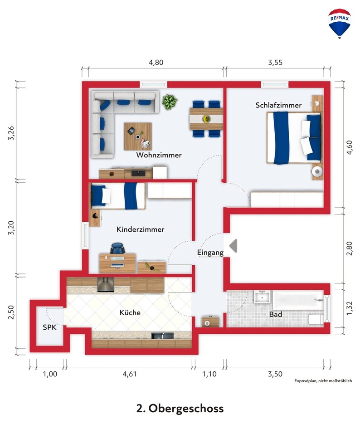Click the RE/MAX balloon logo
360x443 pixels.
pyautogui.click(x=340, y=24)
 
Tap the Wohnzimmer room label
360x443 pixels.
pyautogui.click(x=159, y=155)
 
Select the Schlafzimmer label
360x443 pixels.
pyautogui.click(x=278, y=105)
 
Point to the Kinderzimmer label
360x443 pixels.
pyautogui.click(x=141, y=229)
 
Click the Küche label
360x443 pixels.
pyautogui.click(x=130, y=312)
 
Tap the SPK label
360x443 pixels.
pyautogui.click(x=50, y=327)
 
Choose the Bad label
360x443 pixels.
pyautogui.click(x=276, y=314)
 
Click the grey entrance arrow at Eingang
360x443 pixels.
pyautogui.click(x=233, y=245)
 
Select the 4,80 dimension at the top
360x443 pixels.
pyautogui.click(x=156, y=63)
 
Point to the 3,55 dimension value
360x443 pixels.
pyautogui.click(x=275, y=63)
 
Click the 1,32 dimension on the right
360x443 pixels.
pyautogui.click(x=349, y=308)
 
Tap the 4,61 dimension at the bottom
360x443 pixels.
pyautogui.click(x=129, y=374)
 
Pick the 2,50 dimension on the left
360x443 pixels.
pyautogui.click(x=11, y=312)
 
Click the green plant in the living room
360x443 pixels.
pyautogui.click(x=170, y=102)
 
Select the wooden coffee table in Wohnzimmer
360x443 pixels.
pyautogui.click(x=138, y=136)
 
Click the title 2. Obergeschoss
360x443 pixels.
pyautogui.click(x=180, y=409)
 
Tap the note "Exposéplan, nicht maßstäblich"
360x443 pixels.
pyautogui.click(x=323, y=381)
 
